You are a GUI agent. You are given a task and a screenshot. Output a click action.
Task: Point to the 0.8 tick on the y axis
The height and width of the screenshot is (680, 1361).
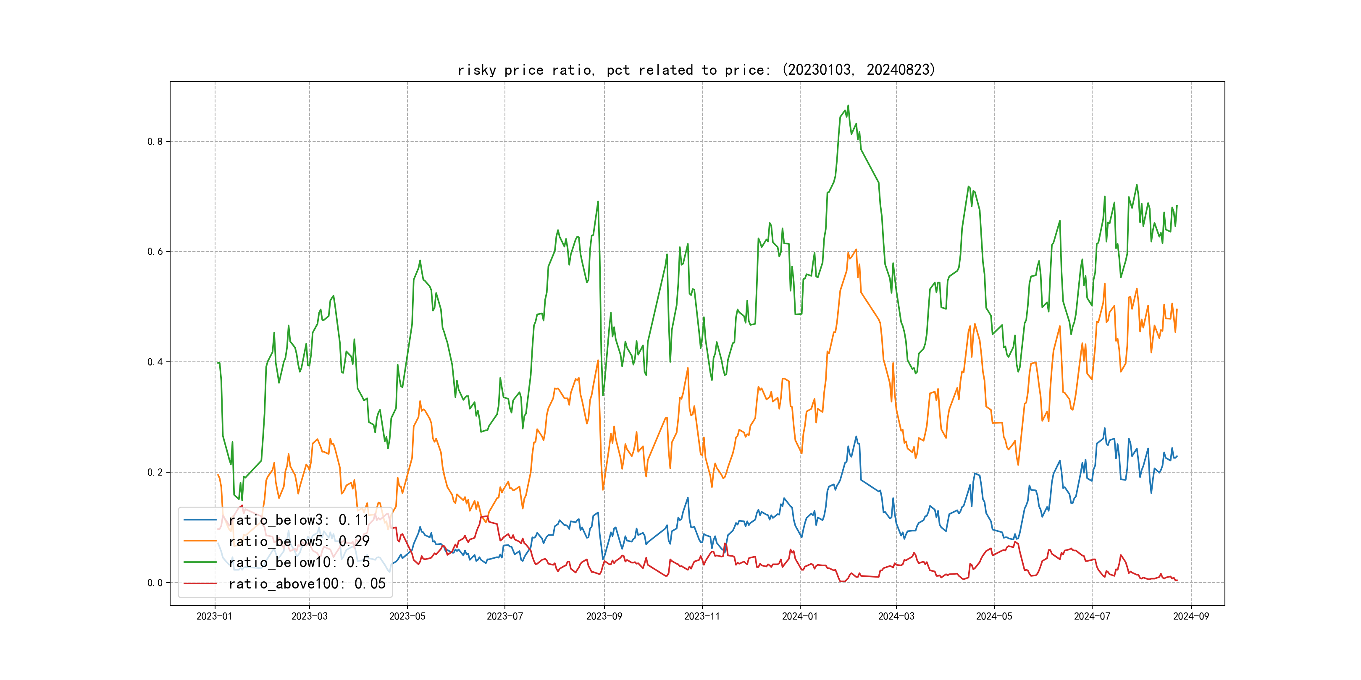coord(155,141)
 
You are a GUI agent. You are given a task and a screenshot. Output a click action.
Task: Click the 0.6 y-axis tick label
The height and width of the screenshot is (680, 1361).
coord(155,251)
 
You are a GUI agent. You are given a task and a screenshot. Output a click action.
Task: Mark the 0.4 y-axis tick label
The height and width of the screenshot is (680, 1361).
coord(155,362)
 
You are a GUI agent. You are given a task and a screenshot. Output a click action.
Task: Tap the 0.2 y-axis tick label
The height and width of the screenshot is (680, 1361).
coord(155,472)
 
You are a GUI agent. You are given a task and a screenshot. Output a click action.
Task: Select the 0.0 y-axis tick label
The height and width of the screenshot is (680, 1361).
coord(155,583)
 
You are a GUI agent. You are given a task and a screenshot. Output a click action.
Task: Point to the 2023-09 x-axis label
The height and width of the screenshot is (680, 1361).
coord(604,616)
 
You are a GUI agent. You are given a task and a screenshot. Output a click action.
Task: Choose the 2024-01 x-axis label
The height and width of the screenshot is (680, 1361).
coord(799,616)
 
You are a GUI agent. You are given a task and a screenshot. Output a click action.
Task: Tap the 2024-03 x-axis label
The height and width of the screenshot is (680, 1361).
coord(896,616)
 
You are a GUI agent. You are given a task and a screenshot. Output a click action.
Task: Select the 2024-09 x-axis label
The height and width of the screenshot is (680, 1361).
coord(1191,616)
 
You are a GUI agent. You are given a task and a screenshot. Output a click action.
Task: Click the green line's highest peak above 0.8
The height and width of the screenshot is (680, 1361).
coord(848,106)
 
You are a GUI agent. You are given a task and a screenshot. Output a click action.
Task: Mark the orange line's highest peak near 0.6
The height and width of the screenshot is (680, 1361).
coord(856,250)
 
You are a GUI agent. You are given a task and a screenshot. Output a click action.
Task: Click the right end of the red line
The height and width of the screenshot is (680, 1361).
coord(1177,580)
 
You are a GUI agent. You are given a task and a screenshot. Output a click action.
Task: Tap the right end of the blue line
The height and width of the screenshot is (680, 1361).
coord(1177,456)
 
